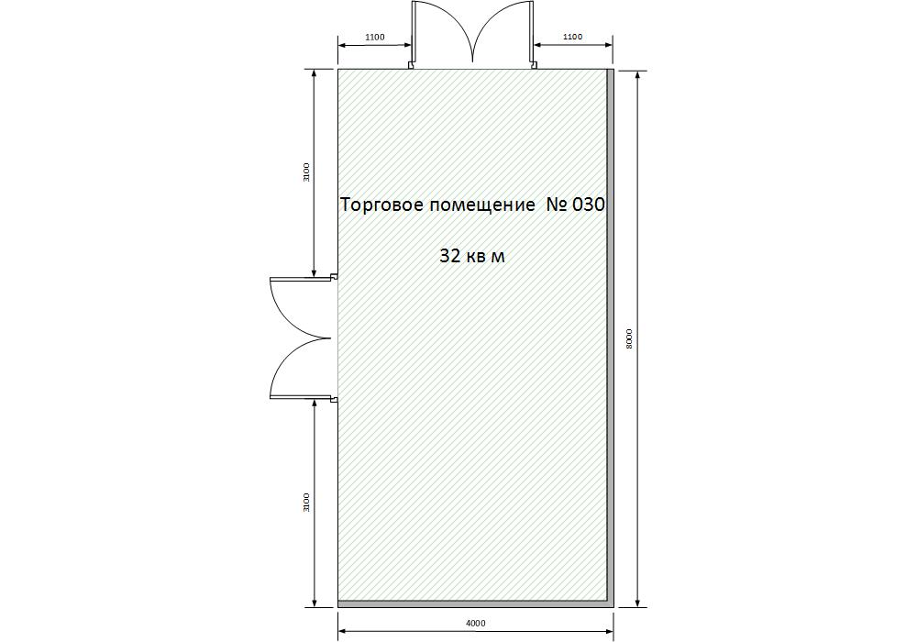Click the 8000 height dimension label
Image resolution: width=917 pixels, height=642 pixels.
pos(629,339)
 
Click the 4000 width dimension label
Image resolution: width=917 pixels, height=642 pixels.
pos(475,623)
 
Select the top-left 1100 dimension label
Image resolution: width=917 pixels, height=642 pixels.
pos(375,37)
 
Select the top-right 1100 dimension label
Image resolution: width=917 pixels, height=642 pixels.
pos(572,37)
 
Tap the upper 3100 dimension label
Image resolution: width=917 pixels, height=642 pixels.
pos(306,172)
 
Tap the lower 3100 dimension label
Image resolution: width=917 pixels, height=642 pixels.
pos(306,503)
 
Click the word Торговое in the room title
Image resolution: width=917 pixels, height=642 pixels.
pos(381,205)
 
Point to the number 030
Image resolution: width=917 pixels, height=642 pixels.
pos(588,204)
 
